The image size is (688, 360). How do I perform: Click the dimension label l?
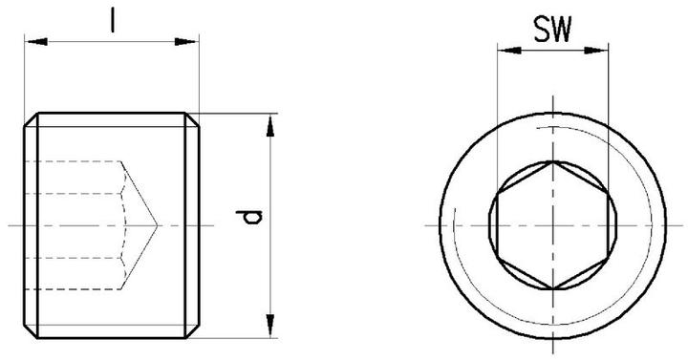tap(113, 20)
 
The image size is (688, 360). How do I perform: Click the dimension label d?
tap(250, 222)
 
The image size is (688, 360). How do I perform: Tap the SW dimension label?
tap(552, 32)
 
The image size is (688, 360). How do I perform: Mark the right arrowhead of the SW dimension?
tap(603, 52)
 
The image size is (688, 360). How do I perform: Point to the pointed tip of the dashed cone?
tap(156, 224)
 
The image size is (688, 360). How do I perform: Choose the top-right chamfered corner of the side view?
tap(194, 118)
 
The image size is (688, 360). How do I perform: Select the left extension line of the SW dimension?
tap(496, 115)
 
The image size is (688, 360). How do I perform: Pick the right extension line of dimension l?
tap(200, 76)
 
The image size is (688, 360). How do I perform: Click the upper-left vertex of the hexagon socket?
tap(498, 194)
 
